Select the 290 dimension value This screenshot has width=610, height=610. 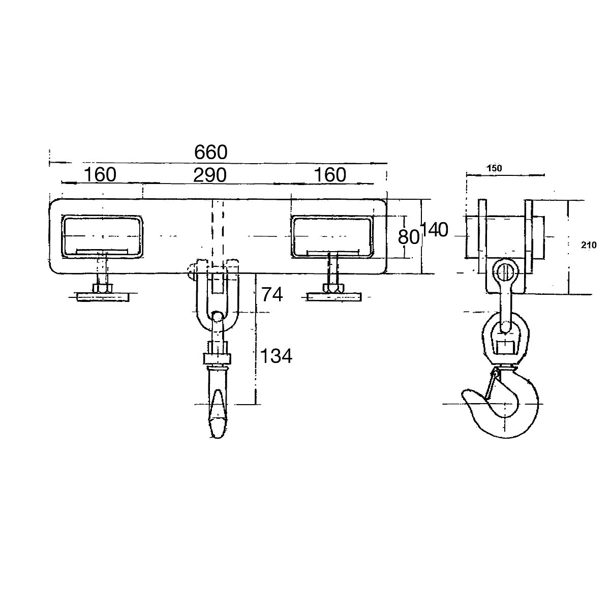209,175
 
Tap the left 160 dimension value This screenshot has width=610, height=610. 100,175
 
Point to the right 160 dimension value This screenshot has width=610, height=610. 329,175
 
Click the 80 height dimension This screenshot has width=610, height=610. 409,237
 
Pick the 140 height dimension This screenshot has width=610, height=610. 435,230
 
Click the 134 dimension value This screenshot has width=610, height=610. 276,357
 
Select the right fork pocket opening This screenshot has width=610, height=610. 332,235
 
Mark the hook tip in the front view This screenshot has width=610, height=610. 217,430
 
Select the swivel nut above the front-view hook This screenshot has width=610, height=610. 217,358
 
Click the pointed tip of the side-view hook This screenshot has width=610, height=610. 466,394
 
